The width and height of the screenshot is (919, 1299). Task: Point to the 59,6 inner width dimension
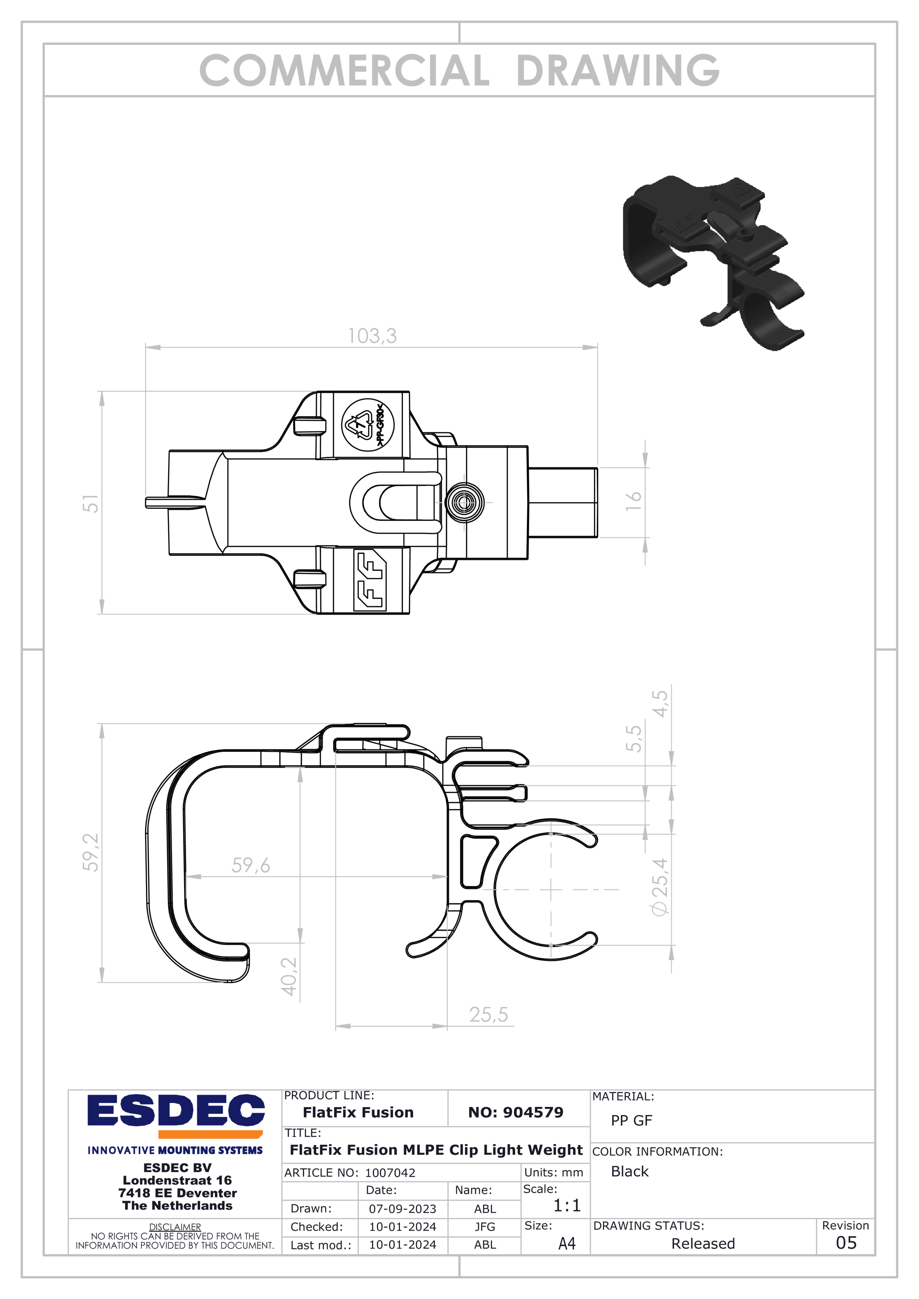(x=250, y=865)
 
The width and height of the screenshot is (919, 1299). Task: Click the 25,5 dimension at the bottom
(x=488, y=1014)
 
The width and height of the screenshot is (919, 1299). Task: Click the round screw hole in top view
(x=464, y=502)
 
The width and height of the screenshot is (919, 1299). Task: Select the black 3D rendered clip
(x=713, y=260)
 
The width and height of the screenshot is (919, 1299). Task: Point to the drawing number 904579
(x=515, y=1112)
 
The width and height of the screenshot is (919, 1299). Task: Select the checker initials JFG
(x=485, y=1227)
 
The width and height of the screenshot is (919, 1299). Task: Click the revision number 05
(x=846, y=1243)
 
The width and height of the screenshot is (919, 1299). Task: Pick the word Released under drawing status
(x=703, y=1244)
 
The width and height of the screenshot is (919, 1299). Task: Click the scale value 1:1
(x=567, y=1205)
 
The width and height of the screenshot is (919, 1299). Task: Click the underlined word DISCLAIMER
(x=175, y=1227)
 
